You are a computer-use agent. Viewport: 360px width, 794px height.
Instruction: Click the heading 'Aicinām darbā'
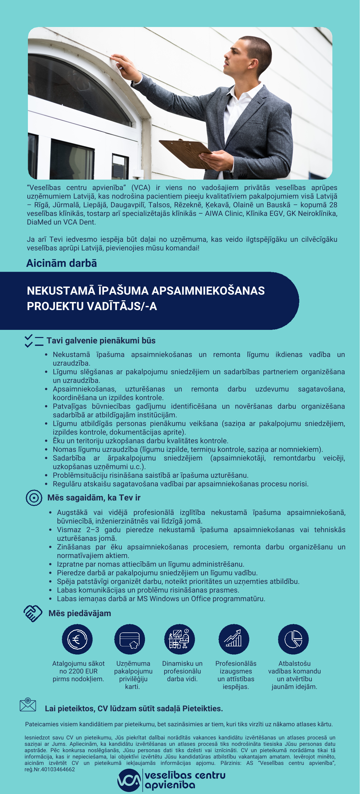(x=62, y=263)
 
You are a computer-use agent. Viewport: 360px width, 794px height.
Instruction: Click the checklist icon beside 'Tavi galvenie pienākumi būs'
(x=34, y=341)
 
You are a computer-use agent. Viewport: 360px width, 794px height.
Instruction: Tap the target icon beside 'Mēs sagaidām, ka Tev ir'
(x=34, y=498)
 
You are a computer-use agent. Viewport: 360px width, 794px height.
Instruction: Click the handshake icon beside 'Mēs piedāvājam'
(x=33, y=613)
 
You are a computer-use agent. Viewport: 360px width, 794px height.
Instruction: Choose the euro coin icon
(x=77, y=639)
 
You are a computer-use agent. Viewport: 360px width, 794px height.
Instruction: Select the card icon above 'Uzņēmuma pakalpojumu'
(x=130, y=639)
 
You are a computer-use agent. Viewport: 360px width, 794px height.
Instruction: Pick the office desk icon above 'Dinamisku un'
(x=179, y=639)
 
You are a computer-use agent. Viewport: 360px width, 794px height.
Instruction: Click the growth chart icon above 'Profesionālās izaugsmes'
(x=234, y=639)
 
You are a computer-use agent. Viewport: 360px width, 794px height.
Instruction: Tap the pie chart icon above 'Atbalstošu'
(x=293, y=639)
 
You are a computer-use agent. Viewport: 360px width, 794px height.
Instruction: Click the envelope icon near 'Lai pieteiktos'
(x=28, y=705)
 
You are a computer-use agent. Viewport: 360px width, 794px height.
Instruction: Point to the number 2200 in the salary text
(x=76, y=671)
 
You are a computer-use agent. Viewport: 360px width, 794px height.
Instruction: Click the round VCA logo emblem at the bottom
(x=129, y=780)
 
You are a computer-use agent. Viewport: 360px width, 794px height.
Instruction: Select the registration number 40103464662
(x=57, y=769)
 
